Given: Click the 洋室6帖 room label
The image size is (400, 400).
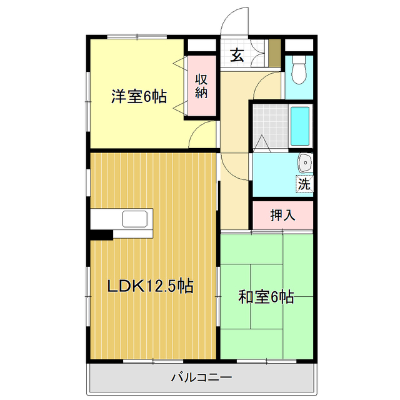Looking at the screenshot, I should (x=139, y=97).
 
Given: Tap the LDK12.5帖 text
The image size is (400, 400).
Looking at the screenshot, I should (x=150, y=286).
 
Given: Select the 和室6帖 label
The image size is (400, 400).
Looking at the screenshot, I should (x=266, y=297).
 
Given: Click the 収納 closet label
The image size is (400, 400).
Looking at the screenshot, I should (x=201, y=87).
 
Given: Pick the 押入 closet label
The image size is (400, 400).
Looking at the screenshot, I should (x=282, y=216).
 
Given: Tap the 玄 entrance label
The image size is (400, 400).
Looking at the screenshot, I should (x=237, y=55).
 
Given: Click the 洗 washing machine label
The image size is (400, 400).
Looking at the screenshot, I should (x=304, y=184).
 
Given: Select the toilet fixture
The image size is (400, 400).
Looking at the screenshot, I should (x=299, y=70).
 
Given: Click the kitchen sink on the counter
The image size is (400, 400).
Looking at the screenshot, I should (x=135, y=219).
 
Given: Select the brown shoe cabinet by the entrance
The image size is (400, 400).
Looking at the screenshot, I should (x=274, y=52).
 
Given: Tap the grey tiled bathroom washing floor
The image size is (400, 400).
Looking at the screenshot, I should (x=271, y=125).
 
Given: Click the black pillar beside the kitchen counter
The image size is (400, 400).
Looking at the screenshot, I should (x=101, y=235).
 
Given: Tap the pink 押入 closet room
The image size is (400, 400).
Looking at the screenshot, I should (x=282, y=216).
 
